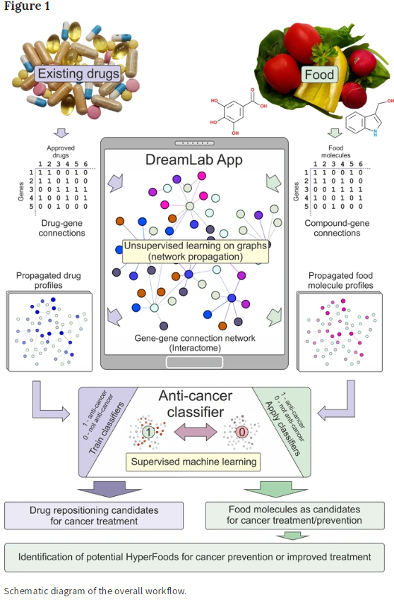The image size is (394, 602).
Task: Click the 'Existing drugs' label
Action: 78,73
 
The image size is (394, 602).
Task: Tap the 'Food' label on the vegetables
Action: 319,75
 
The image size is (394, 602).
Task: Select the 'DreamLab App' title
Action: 194,159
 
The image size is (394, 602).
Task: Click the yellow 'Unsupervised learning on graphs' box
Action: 196,251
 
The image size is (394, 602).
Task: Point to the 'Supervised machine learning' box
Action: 193,462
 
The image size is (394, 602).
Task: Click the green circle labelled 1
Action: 148,433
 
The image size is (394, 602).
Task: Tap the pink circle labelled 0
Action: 242,433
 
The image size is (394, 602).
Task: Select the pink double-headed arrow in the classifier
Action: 196,433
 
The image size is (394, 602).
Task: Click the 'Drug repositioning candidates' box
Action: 94,516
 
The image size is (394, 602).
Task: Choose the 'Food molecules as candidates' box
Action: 295,515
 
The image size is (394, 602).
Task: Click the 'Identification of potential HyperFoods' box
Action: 194,557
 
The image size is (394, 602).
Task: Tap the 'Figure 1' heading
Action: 27,6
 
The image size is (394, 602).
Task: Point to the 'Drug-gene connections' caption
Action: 62,228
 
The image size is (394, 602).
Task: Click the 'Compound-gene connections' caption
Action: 337,228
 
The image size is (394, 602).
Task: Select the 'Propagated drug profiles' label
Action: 49,280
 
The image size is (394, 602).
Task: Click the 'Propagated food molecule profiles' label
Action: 340,280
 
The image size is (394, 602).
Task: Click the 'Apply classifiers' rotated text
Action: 282,428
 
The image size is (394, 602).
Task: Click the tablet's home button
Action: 194,362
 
